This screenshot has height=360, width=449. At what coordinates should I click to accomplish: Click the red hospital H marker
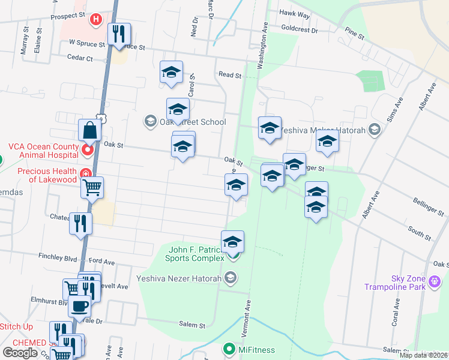(x=95, y=20)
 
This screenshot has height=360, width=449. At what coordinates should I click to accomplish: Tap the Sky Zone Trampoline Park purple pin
(x=436, y=279)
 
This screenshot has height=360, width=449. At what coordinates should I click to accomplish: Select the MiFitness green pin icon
(x=229, y=348)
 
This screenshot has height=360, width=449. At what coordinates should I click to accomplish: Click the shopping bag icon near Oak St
(x=89, y=130)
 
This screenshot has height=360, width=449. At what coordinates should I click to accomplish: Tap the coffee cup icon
(x=79, y=307)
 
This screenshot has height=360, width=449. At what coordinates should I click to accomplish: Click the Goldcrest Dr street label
(x=298, y=29)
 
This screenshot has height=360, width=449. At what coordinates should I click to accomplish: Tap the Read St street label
(x=229, y=76)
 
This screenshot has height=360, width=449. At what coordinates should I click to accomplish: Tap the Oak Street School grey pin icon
(x=149, y=122)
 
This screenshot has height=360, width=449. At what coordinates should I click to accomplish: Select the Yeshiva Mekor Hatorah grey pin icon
(x=375, y=129)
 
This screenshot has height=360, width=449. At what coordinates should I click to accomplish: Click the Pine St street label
(x=354, y=33)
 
